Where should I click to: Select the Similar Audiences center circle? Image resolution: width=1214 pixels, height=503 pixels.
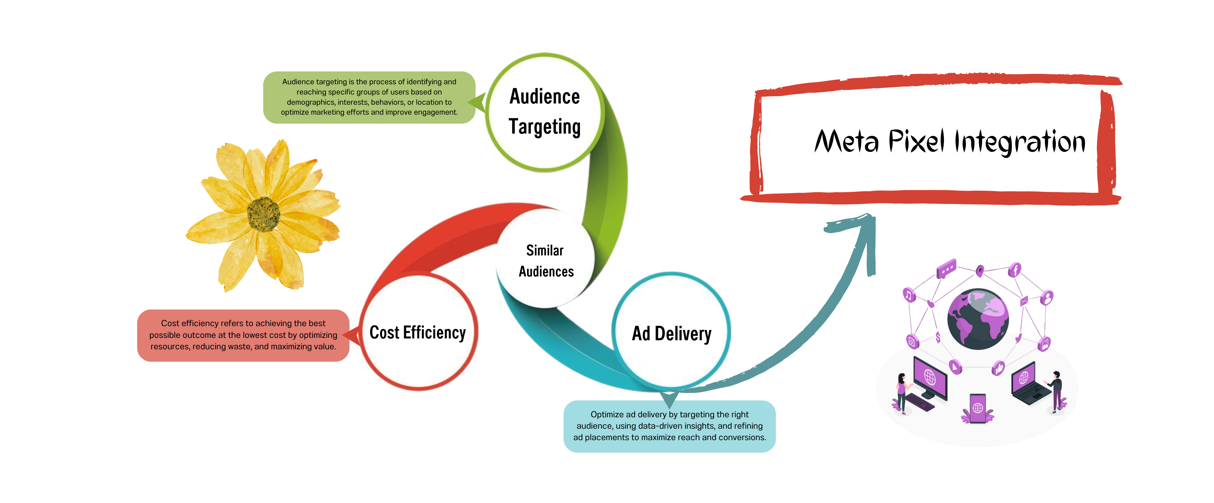tap(546, 261)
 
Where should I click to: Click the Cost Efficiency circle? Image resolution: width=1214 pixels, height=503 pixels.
tap(417, 332)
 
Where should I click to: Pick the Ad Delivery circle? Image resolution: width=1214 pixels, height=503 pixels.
tap(671, 333)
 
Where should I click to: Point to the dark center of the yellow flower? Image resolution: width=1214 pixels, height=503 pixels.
tap(264, 214)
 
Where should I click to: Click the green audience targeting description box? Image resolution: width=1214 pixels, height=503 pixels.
tap(369, 97)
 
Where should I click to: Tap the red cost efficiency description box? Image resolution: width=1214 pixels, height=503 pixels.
tap(243, 335)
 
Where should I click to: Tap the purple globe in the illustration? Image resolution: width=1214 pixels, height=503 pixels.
tap(978, 319)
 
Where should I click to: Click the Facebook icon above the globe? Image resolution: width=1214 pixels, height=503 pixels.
tap(1015, 270)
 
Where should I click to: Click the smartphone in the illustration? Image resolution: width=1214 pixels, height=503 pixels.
tap(977, 408)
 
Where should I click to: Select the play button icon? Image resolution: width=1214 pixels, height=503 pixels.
tap(955, 366)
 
